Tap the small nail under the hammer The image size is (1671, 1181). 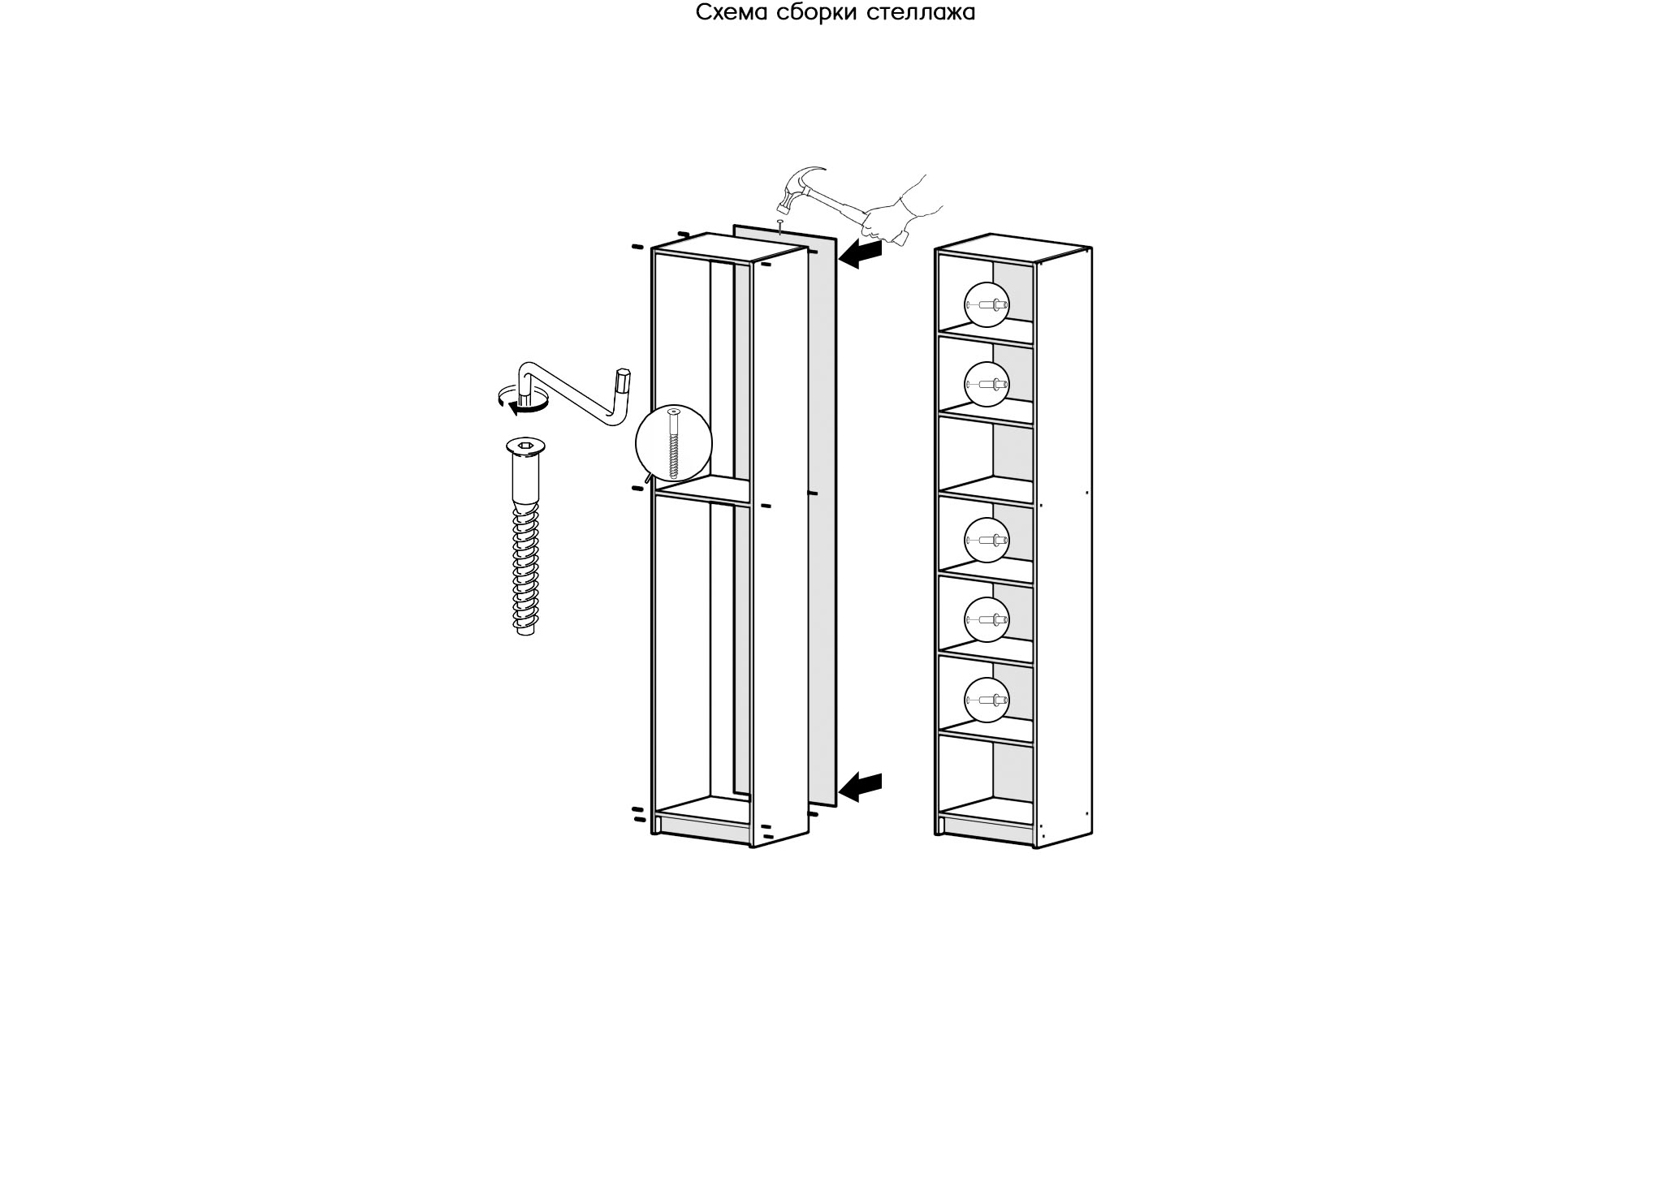779,227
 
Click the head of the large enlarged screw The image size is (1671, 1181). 525,446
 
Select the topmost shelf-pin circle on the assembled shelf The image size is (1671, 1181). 987,305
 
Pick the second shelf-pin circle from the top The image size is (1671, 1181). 987,384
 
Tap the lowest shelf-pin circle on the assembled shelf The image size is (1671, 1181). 987,700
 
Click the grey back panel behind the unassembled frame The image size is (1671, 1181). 822,519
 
